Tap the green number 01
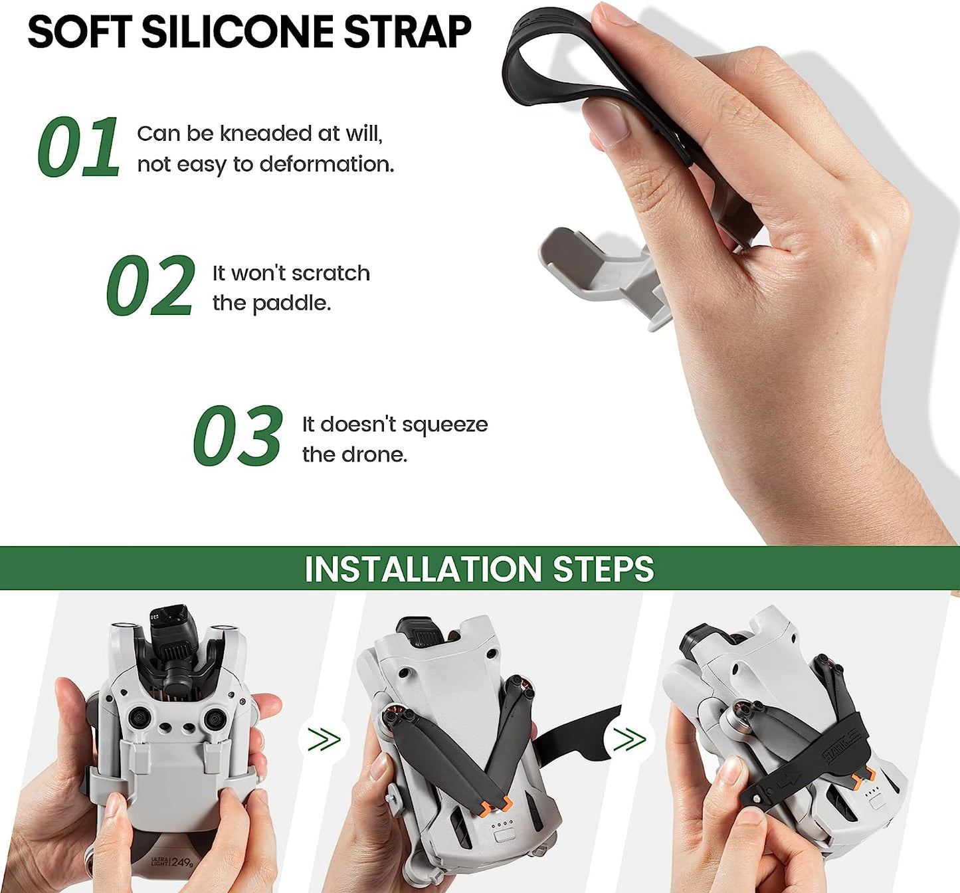pyautogui.click(x=78, y=147)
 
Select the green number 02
pyautogui.click(x=151, y=286)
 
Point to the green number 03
pyautogui.click(x=238, y=436)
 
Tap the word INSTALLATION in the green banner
pyautogui.click(x=423, y=569)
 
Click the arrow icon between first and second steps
pyautogui.click(x=324, y=739)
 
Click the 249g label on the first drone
pyautogui.click(x=181, y=862)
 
